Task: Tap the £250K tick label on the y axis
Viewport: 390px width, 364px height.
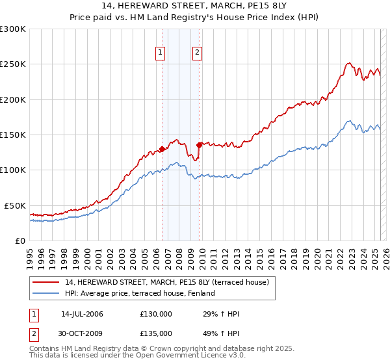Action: [x=12, y=64]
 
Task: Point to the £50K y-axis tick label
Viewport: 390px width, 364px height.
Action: [x=15, y=205]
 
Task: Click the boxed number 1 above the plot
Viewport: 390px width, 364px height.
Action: [x=160, y=54]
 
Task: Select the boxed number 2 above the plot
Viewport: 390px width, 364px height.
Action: [x=197, y=54]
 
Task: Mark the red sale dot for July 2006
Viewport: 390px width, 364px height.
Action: [x=162, y=149]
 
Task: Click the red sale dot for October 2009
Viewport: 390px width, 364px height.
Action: [x=200, y=145]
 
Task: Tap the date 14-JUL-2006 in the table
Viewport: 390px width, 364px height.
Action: [x=82, y=313]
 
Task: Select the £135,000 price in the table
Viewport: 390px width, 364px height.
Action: [x=156, y=333]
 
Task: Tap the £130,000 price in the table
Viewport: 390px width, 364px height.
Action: [x=156, y=313]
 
